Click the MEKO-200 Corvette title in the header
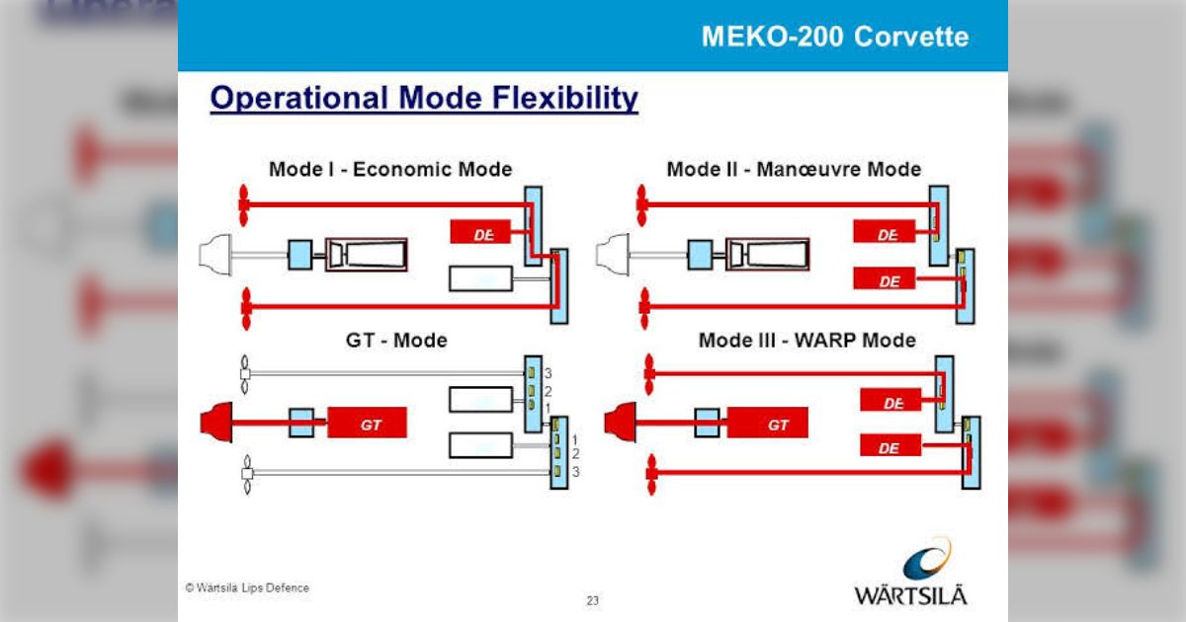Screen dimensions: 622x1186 click(834, 38)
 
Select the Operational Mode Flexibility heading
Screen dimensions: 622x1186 click(424, 99)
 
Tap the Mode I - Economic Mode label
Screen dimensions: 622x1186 click(390, 169)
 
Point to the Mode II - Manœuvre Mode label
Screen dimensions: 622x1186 click(794, 169)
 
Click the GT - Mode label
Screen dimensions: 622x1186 click(396, 341)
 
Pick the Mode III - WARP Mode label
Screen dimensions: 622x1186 click(806, 341)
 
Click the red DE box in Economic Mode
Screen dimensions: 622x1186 click(481, 233)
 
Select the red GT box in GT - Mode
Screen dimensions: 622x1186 click(368, 425)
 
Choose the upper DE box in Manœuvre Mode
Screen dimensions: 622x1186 click(888, 234)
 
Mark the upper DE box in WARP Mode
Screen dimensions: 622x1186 click(891, 402)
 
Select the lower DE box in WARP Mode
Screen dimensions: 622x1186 click(889, 447)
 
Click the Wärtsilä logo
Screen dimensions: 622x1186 click(911, 573)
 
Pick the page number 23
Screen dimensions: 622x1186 click(593, 600)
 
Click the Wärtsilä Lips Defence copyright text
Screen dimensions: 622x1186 click(247, 587)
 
